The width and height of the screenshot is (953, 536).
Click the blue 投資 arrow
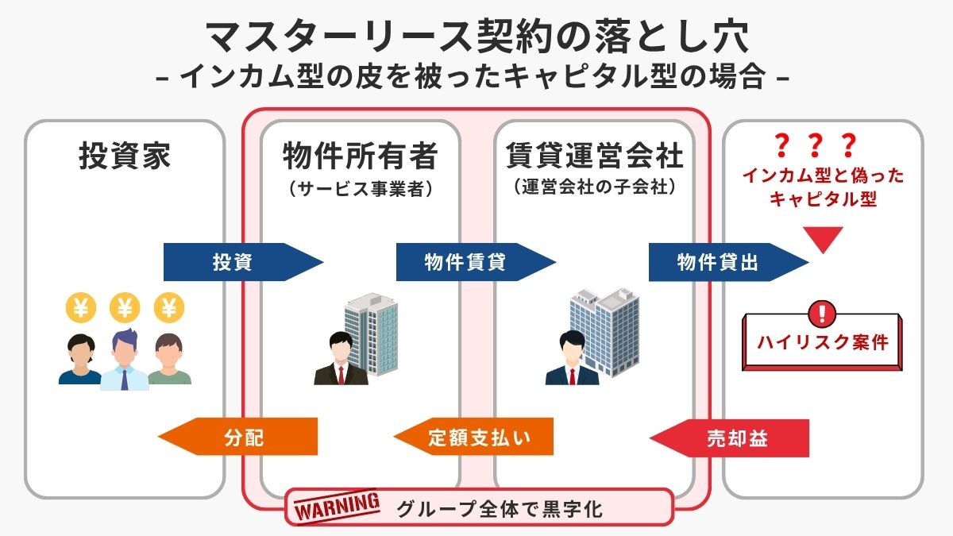pyautogui.click(x=238, y=262)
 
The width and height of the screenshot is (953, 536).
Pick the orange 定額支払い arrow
pyautogui.click(x=476, y=438)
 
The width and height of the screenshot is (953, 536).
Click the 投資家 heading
pyautogui.click(x=125, y=156)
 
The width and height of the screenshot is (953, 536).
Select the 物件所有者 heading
pyautogui.click(x=361, y=156)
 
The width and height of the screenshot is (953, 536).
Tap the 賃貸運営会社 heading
pyautogui.click(x=595, y=156)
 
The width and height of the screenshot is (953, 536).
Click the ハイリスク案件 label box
pyautogui.click(x=823, y=343)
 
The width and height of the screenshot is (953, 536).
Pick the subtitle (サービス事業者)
pyautogui.click(x=361, y=189)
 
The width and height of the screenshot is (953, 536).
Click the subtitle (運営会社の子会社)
pyautogui.click(x=595, y=189)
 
